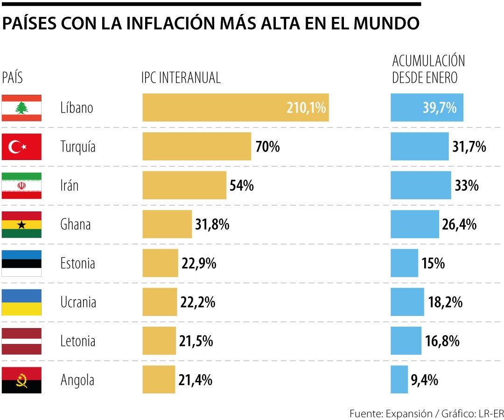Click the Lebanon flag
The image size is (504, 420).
21,108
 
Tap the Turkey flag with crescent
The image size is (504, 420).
21,147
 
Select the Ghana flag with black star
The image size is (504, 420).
21,224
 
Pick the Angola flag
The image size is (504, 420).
21,380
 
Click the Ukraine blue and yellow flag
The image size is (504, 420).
21,302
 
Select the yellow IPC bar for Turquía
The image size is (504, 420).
196,147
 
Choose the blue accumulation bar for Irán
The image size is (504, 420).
420,186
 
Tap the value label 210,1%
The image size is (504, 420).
306,108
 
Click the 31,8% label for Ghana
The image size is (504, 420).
212,225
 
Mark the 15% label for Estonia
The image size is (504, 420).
433,264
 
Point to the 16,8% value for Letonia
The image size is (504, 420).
442,341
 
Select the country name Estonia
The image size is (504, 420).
77,264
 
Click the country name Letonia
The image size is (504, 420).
77,341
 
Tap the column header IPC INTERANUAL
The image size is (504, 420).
181,77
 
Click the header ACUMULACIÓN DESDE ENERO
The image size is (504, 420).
428,69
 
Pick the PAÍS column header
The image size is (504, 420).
13,77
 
